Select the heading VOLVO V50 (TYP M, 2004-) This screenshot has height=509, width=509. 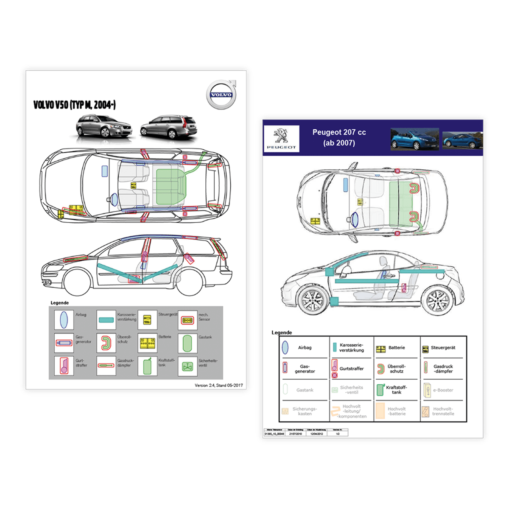[74, 105]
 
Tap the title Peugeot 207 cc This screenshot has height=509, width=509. [339, 132]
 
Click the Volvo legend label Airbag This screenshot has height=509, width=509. [81, 315]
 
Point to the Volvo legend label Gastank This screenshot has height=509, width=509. [205, 337]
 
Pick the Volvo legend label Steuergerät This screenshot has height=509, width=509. [168, 315]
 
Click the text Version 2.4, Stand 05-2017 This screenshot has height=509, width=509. [219, 385]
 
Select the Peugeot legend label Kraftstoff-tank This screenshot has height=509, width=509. [396, 390]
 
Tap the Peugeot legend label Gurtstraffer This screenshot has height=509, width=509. [352, 369]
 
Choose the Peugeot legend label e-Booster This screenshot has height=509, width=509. [443, 390]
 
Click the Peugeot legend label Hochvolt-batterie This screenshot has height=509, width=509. [397, 411]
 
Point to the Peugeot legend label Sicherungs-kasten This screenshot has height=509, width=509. [305, 411]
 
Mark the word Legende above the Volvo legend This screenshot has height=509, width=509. [59, 303]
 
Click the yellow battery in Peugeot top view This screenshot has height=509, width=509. [315, 221]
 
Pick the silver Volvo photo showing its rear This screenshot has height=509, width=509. [169, 126]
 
